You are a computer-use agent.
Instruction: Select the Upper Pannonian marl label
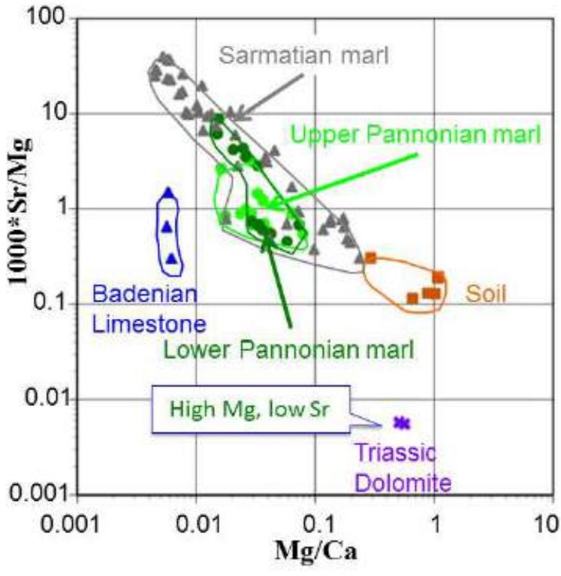pos(415,135)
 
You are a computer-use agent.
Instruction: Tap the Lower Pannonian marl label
pos(290,349)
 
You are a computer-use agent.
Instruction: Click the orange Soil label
pos(487,293)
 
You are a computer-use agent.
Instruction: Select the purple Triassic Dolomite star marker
pos(403,423)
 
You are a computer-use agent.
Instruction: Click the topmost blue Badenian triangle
pos(169,193)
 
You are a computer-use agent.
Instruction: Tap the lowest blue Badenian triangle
pos(171,258)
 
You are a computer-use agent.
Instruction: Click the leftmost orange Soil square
pos(370,258)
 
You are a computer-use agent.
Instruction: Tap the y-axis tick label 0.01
pos(43,399)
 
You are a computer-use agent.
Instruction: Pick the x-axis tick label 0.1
pos(315,520)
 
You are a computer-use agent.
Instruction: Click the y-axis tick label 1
pos(61,208)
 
